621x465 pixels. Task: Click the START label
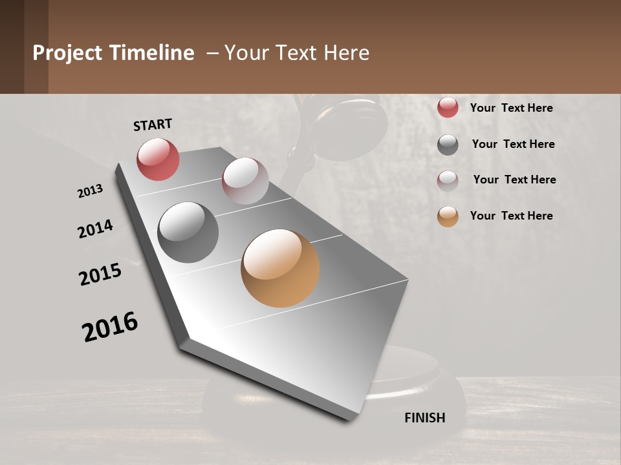pos(153,124)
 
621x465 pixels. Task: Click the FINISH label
pos(424,418)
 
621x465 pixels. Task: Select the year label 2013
pos(90,191)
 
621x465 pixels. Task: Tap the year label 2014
pos(95,229)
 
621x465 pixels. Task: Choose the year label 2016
pos(110,327)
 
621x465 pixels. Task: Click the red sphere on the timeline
pos(158,159)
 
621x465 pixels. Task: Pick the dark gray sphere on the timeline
pos(188,232)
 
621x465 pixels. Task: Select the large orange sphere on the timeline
pos(280,268)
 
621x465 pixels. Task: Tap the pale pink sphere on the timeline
pos(245,181)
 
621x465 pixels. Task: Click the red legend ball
pos(448,108)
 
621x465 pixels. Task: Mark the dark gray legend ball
pos(448,145)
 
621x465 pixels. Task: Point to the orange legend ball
pos(448,216)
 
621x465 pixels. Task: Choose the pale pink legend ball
pos(448,180)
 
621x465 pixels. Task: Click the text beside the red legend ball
pos(511,108)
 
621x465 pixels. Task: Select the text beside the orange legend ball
pos(511,216)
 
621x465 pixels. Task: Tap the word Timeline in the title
pos(151,53)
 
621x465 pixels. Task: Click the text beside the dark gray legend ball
pos(513,144)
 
